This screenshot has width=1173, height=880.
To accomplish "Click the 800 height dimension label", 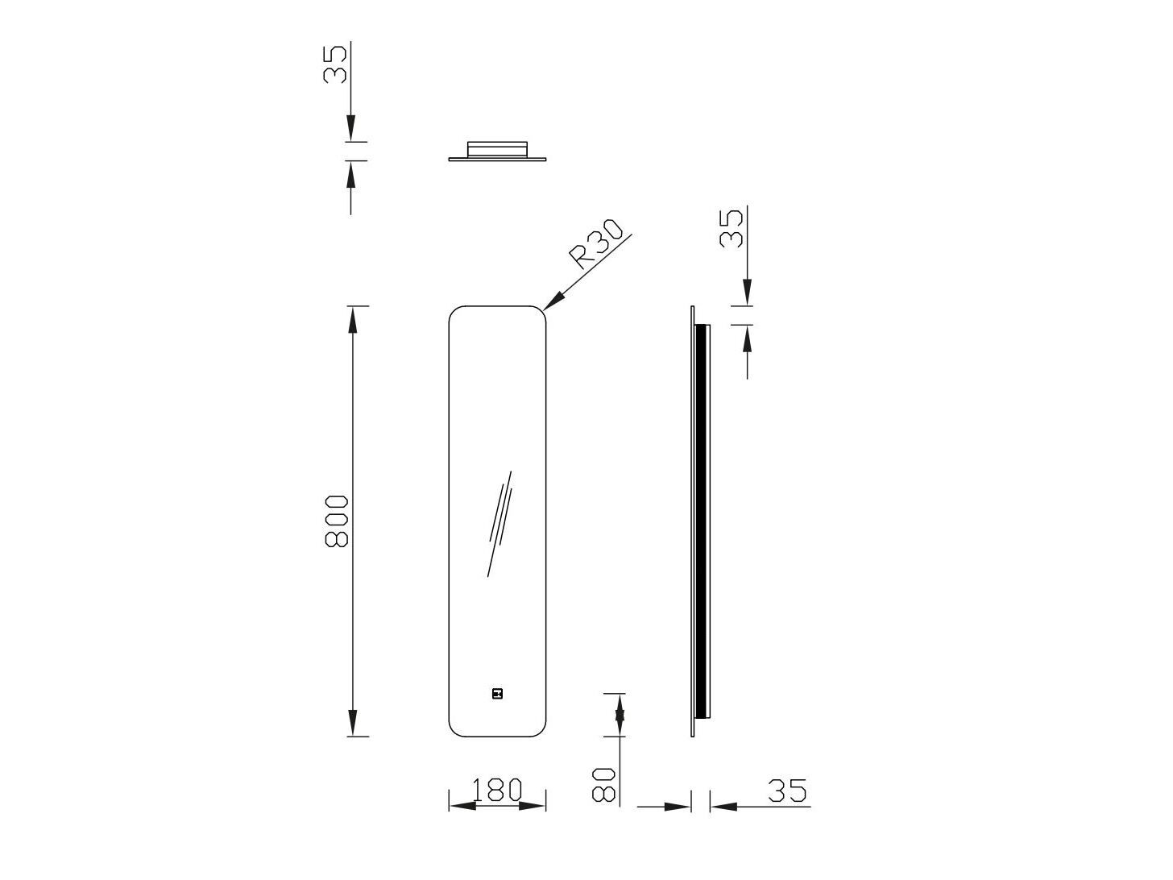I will [x=336, y=521].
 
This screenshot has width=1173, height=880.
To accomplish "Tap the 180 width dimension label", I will [x=497, y=790].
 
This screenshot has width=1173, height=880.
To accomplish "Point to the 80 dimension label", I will [x=604, y=783].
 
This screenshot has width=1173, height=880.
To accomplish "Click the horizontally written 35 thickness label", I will [x=787, y=791].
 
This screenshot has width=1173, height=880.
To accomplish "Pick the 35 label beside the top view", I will [x=335, y=64].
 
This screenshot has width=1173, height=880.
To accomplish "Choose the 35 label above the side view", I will [x=732, y=229].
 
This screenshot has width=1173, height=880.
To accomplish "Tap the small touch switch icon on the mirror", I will [x=497, y=692].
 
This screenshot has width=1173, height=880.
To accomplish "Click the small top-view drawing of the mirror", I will [x=498, y=151].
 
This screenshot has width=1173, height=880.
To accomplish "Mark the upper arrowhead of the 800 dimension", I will [x=352, y=320].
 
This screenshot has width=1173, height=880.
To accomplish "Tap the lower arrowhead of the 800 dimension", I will [x=352, y=723].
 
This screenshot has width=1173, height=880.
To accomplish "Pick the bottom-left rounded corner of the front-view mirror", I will [x=455, y=728].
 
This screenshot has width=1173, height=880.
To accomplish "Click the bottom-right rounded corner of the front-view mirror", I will [x=539, y=728].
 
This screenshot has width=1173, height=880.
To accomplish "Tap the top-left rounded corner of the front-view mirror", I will [x=455, y=313].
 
